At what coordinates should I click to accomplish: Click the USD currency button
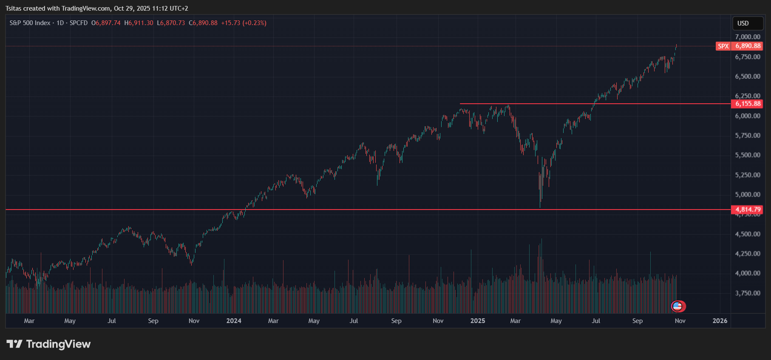pyautogui.click(x=743, y=23)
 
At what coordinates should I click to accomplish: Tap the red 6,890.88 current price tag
pyautogui.click(x=748, y=46)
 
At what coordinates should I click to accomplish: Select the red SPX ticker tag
pyautogui.click(x=723, y=46)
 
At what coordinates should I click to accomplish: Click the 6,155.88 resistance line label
pyautogui.click(x=748, y=104)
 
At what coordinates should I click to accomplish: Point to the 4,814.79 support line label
pyautogui.click(x=748, y=210)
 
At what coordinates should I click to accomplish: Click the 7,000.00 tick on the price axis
pyautogui.click(x=748, y=37)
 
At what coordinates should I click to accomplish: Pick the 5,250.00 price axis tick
pyautogui.click(x=748, y=175)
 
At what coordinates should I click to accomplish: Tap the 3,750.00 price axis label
pyautogui.click(x=748, y=293)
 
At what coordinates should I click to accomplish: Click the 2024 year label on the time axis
pyautogui.click(x=234, y=321)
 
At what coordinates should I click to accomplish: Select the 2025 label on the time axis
pyautogui.click(x=478, y=321)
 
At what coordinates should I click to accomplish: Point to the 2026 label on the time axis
pyautogui.click(x=720, y=321)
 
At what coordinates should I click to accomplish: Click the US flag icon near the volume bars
pyautogui.click(x=677, y=306)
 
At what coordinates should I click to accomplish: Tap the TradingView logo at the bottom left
pyautogui.click(x=48, y=344)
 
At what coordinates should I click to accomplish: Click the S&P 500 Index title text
pyautogui.click(x=30, y=23)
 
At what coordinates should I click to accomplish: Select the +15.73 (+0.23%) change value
pyautogui.click(x=244, y=23)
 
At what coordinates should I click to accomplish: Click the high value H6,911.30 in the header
pyautogui.click(x=139, y=23)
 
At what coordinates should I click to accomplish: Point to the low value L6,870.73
pyautogui.click(x=171, y=23)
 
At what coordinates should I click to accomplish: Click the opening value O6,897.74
pyautogui.click(x=106, y=23)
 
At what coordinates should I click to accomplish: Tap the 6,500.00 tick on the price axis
pyautogui.click(x=748, y=77)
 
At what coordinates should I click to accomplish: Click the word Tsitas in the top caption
pyautogui.click(x=14, y=9)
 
